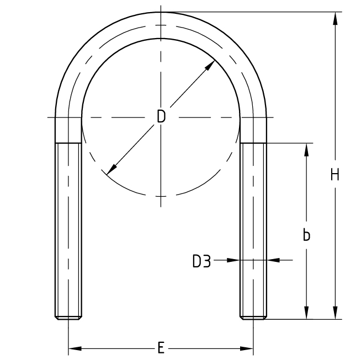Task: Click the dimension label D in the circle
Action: [161, 116]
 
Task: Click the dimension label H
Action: [335, 174]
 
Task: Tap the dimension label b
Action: [306, 235]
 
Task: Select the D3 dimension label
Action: [201, 261]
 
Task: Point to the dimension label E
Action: [161, 347]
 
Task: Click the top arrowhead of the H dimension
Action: [335, 18]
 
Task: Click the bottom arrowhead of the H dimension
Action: [335, 313]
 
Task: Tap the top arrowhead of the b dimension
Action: [306, 149]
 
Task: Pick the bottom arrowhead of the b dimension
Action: [306, 313]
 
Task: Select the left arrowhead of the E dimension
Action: [75, 348]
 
